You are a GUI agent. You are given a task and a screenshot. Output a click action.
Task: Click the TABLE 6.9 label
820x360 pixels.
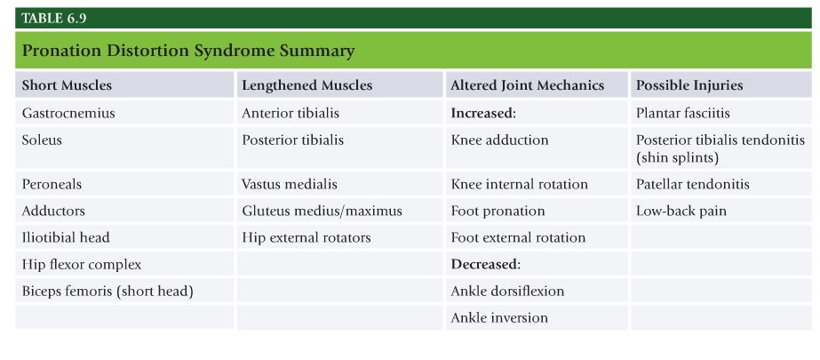coord(54,19)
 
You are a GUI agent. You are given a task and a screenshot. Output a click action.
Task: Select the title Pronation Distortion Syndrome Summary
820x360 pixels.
coord(188,51)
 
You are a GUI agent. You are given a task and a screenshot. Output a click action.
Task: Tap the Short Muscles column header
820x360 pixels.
coord(67,85)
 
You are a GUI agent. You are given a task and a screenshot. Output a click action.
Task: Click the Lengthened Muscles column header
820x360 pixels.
coord(307,85)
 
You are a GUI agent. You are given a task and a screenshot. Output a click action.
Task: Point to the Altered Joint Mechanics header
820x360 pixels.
coord(528,85)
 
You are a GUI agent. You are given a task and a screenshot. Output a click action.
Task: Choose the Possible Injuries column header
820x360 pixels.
coord(689,85)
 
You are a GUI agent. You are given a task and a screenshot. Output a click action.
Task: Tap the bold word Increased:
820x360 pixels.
coord(483,113)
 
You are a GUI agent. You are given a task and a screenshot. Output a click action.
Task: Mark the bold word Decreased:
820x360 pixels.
coord(486,264)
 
